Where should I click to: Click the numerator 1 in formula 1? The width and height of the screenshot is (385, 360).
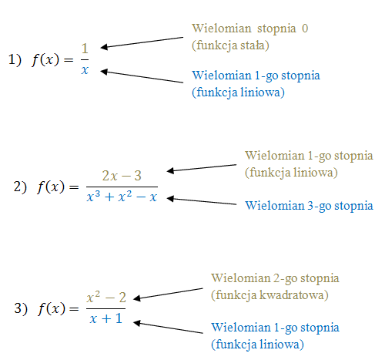[85, 49]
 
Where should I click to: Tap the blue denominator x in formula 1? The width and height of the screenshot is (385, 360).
[85, 70]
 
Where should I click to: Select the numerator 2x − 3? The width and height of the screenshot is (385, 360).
[122, 176]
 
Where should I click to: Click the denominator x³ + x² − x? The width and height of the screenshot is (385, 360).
[122, 197]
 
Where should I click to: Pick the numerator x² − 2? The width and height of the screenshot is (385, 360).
[106, 297]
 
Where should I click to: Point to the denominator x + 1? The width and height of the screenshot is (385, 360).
[105, 318]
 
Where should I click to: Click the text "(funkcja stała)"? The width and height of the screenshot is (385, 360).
[230, 45]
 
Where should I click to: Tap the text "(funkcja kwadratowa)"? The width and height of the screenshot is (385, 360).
[269, 295]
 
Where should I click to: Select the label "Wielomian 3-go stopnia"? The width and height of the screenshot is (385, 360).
[309, 206]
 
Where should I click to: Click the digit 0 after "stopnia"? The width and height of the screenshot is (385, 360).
[305, 29]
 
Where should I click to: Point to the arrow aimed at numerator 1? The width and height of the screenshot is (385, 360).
[142, 42]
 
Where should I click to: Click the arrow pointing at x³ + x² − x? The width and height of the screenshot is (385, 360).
[202, 201]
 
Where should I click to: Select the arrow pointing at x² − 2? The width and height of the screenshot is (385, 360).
[168, 294]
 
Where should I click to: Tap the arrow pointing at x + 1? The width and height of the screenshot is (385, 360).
[168, 327]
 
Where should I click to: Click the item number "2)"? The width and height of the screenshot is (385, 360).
[20, 187]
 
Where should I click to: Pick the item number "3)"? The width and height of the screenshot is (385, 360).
[21, 308]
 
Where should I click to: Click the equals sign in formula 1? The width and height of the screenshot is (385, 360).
[69, 60]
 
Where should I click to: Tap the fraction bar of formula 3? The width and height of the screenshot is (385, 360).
[105, 308]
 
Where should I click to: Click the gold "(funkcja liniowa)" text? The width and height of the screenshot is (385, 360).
[291, 173]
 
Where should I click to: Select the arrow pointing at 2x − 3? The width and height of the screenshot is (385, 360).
[202, 168]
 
